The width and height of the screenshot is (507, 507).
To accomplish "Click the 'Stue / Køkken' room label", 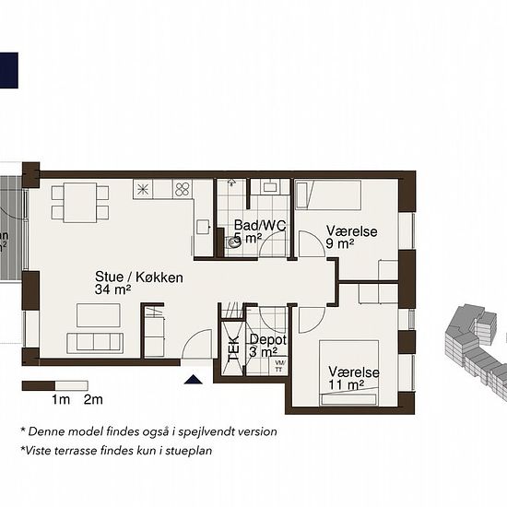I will click(x=138, y=277).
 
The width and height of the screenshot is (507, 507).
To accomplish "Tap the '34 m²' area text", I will click(x=112, y=289).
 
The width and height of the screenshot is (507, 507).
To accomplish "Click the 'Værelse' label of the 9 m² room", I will click(x=352, y=231).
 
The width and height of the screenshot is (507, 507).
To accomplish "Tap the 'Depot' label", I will click(x=267, y=339).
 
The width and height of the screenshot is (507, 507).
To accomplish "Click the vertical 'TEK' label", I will click(x=231, y=347).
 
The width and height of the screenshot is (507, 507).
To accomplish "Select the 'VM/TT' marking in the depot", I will click(x=280, y=366).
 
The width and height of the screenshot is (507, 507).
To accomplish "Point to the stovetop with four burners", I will click(x=183, y=190).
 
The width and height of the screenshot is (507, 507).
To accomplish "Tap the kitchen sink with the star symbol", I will click(x=146, y=190).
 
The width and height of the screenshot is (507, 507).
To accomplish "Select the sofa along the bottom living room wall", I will click(x=97, y=342).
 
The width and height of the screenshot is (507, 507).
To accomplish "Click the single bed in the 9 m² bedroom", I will click(x=328, y=195).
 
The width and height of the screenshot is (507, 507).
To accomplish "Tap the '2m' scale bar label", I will click(x=92, y=400).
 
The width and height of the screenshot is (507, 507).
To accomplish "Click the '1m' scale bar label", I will click(x=61, y=400).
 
